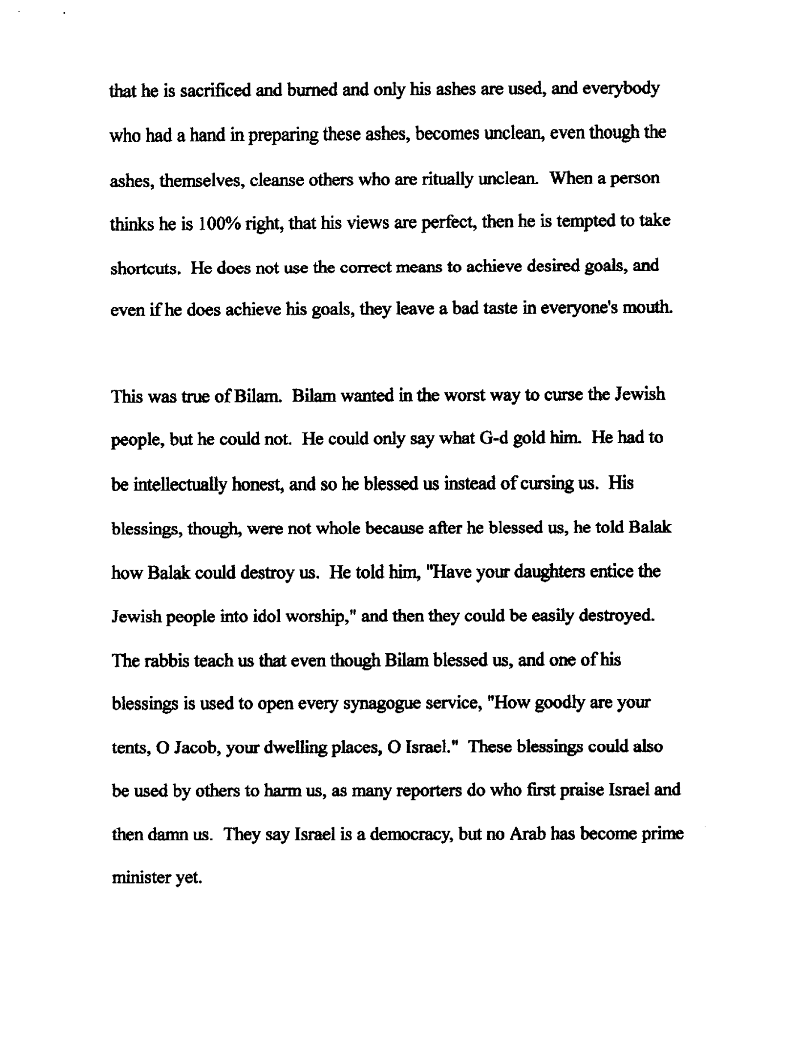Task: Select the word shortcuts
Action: (145, 267)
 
